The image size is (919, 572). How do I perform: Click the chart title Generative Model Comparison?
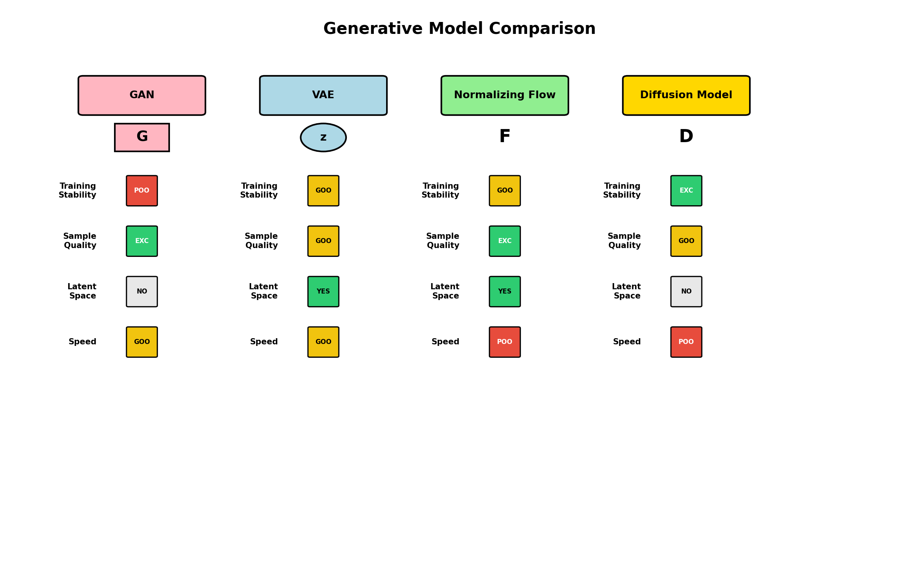click(459, 29)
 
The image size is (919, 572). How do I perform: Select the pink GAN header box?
click(142, 95)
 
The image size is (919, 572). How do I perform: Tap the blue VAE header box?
click(323, 95)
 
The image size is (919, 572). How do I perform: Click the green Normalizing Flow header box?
click(504, 95)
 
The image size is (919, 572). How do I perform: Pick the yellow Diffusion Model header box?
click(686, 95)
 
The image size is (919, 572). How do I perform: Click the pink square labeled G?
click(142, 137)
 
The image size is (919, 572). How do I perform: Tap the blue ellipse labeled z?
click(323, 137)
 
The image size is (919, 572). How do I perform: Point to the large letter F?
click(504, 136)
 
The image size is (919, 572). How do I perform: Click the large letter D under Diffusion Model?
click(686, 136)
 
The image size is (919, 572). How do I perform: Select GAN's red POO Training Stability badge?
click(142, 191)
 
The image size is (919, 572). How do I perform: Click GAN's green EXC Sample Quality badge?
click(142, 241)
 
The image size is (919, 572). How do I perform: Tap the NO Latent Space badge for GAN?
click(142, 292)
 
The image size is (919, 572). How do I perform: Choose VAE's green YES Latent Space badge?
click(323, 292)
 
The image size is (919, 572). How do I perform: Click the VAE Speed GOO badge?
click(323, 342)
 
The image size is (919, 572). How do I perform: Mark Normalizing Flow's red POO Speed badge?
click(504, 342)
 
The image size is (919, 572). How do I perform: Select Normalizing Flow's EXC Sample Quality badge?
click(504, 241)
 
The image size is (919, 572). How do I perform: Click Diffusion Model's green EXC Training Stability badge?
click(686, 191)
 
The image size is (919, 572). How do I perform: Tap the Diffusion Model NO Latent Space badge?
click(686, 292)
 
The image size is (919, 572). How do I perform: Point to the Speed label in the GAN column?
click(82, 342)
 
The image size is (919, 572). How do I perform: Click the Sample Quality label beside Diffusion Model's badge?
click(624, 241)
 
